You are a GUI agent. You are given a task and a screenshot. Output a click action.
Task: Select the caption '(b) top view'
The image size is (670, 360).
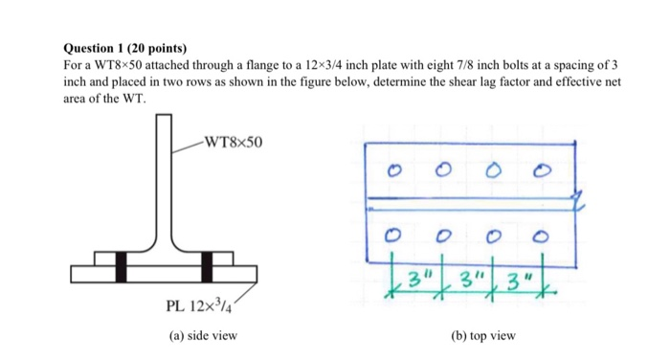click(x=481, y=336)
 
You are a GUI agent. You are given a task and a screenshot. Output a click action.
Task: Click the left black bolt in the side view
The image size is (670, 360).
click(x=121, y=266)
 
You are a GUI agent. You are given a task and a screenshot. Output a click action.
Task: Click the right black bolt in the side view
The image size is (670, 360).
click(x=208, y=266)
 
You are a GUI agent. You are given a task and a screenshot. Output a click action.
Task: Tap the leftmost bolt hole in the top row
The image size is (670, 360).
click(x=391, y=173)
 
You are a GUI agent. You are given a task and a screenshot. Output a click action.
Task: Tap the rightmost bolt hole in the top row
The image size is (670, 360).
click(x=542, y=173)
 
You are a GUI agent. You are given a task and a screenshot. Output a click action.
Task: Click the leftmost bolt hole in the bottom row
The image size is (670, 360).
click(x=392, y=233)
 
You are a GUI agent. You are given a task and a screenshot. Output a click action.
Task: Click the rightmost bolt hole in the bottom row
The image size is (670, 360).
click(x=542, y=233)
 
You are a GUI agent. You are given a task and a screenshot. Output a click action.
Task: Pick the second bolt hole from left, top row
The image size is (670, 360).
click(x=442, y=173)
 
